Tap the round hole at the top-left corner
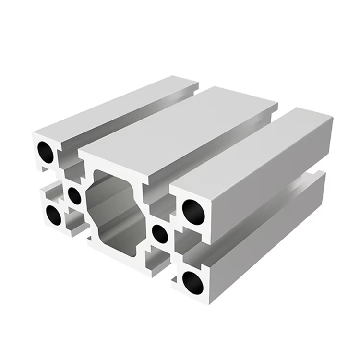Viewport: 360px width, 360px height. pos(46,151)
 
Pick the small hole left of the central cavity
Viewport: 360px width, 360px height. pos(74,194)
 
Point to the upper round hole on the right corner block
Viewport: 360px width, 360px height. pos(193,212)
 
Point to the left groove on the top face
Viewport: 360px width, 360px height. pos(130,120)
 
